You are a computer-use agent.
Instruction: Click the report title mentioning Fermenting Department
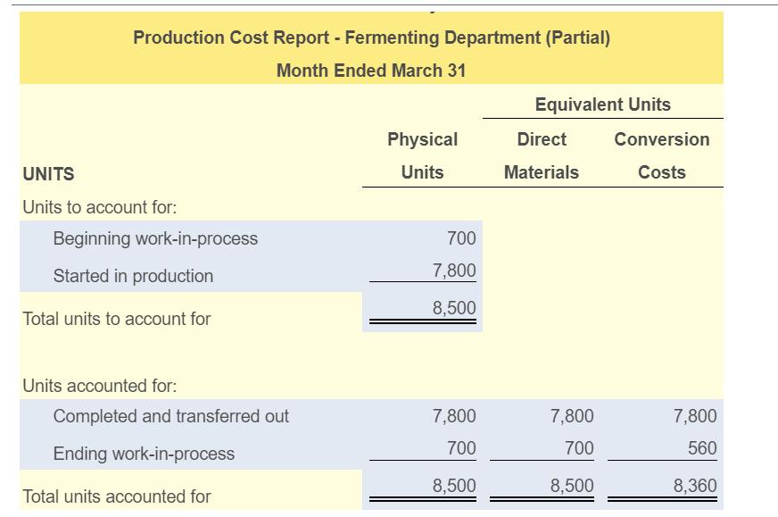pos(371,38)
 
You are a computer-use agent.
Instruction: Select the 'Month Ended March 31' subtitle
pos(371,71)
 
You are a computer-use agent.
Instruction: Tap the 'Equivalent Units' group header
pos(602,104)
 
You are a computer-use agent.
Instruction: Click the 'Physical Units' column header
pos(422,155)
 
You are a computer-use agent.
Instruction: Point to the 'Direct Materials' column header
pos(542,155)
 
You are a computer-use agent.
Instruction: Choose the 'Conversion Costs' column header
pos(662,155)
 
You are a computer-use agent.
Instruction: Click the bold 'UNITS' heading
pos(48,174)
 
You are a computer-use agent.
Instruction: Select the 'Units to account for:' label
pos(99,207)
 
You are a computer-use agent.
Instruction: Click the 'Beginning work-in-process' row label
pos(155,238)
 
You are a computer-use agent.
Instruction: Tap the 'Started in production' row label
pos(133,276)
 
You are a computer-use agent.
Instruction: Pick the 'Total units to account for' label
pos(116,319)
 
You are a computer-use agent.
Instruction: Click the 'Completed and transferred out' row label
pos(171,416)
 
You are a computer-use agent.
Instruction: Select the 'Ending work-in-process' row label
pos(144,454)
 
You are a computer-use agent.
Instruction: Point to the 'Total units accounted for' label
pos(116,496)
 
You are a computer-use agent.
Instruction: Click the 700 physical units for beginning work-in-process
pos(461,238)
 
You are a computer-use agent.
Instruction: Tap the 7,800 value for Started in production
pos(454,270)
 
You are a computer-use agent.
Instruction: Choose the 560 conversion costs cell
pos(702,447)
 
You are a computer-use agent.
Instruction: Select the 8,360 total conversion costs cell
pos(695,486)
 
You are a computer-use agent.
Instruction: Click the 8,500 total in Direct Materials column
pos(572,486)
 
